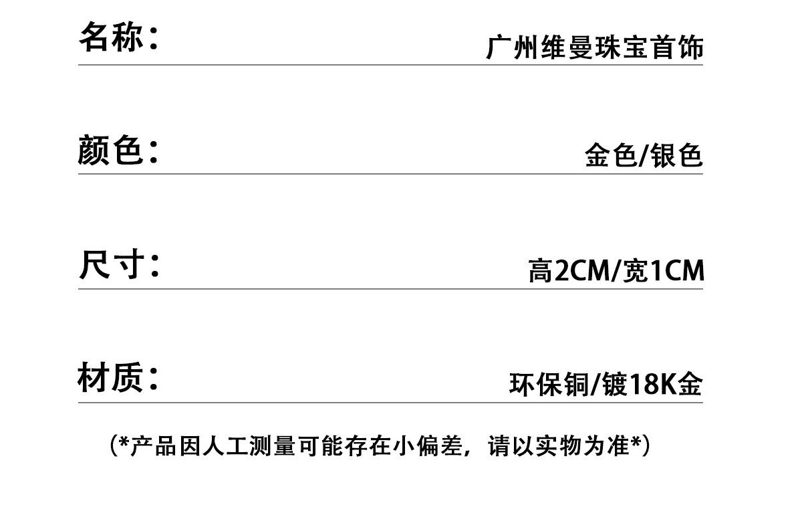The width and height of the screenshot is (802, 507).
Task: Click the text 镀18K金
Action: (652, 385)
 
